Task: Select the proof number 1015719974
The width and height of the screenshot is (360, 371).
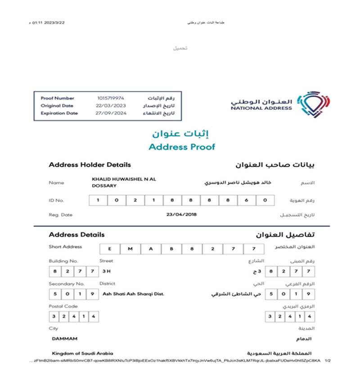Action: click(x=111, y=98)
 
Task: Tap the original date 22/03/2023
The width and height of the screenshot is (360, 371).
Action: click(x=111, y=105)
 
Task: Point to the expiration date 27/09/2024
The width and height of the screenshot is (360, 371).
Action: click(x=111, y=113)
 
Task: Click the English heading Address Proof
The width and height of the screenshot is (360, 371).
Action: click(x=182, y=147)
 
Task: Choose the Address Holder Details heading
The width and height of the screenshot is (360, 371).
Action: click(x=90, y=165)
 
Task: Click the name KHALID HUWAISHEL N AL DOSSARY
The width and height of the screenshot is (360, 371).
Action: click(x=123, y=182)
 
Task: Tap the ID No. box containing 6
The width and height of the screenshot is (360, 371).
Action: click(x=246, y=200)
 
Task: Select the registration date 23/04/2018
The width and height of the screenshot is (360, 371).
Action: click(x=182, y=215)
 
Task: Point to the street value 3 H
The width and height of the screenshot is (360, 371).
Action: click(x=106, y=271)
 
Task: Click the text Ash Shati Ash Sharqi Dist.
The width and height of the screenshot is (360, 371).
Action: click(x=133, y=294)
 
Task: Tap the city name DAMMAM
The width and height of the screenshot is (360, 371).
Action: click(x=65, y=339)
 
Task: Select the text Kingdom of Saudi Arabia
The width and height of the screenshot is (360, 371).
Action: click(x=82, y=353)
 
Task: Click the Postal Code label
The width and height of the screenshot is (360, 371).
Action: click(x=61, y=306)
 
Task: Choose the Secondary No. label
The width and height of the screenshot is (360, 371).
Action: click(x=67, y=284)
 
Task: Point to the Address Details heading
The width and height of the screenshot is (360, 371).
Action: click(x=76, y=235)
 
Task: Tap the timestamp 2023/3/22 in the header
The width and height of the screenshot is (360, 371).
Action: click(x=51, y=22)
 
